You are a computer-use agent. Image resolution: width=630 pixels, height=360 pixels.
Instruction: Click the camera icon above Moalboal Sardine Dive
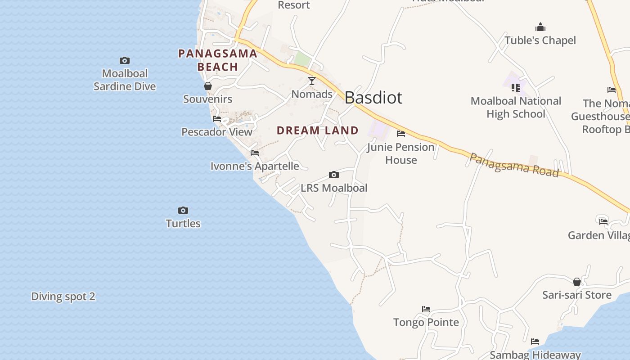(125, 60)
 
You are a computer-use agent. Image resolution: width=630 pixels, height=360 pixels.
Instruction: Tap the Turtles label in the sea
(183, 223)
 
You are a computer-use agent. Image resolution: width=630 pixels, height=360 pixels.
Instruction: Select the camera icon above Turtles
(183, 210)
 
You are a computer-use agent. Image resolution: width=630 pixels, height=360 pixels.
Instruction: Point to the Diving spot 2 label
(63, 297)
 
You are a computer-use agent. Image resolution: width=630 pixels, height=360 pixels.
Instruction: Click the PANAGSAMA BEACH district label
(218, 60)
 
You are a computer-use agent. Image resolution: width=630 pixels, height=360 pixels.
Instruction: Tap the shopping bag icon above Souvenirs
(208, 85)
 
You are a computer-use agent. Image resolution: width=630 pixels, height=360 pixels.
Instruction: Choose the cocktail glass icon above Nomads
(312, 81)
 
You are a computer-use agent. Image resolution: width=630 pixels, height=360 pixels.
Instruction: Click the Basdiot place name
(373, 98)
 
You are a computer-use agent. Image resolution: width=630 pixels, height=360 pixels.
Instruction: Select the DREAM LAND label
(318, 130)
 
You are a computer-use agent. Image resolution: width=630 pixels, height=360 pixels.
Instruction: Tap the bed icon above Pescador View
(217, 119)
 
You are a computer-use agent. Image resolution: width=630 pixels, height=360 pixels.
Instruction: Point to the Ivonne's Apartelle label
(255, 166)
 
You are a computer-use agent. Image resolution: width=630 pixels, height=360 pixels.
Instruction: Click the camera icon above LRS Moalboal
(333, 175)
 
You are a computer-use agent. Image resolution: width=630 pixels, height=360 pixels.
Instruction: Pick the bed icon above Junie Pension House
(401, 134)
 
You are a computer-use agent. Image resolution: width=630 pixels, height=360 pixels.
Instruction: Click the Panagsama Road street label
(514, 165)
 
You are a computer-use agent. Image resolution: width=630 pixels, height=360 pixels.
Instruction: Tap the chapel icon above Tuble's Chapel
(540, 27)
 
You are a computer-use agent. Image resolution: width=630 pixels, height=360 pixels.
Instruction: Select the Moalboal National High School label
(516, 107)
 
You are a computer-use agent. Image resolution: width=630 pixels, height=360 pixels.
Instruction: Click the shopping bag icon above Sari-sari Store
(577, 282)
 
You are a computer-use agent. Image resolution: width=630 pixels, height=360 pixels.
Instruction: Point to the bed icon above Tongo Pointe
(426, 309)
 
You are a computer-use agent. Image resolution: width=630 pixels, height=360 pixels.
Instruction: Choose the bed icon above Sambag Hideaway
(535, 342)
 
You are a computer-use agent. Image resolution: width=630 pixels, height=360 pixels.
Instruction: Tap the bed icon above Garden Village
(603, 221)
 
